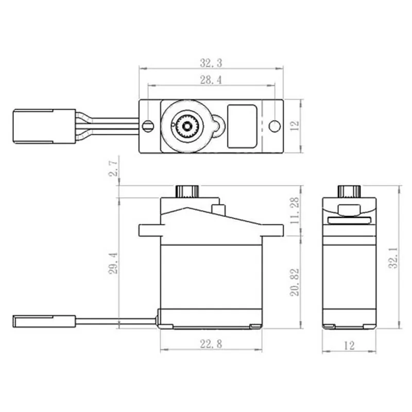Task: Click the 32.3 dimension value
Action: (x=211, y=63)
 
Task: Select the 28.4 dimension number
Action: (x=211, y=80)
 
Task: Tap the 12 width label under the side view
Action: (x=349, y=346)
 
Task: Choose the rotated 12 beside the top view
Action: (x=294, y=126)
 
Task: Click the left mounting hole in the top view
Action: (x=148, y=125)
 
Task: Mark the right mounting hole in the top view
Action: (x=275, y=126)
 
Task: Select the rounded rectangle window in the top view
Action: (x=242, y=125)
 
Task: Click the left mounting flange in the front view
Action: (x=149, y=230)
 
